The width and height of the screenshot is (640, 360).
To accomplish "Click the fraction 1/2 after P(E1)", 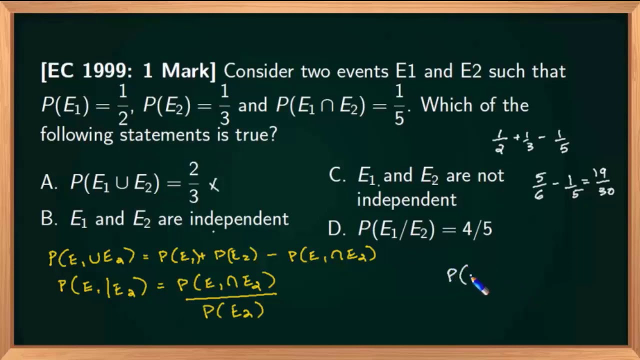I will click(x=123, y=104).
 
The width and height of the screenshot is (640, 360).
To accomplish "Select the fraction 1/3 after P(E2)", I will click(x=224, y=104).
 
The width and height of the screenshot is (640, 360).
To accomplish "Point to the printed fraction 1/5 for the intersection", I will click(x=399, y=104).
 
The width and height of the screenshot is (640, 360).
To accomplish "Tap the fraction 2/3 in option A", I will click(x=193, y=183).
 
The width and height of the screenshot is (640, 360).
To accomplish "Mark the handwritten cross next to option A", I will click(x=213, y=185).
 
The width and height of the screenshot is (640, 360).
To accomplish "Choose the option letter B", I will click(x=49, y=219).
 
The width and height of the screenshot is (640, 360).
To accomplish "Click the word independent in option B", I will click(x=239, y=219).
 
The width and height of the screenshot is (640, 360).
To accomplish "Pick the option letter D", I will click(x=337, y=229).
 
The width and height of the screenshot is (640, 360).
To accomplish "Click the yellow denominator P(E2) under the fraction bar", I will click(x=233, y=311).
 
